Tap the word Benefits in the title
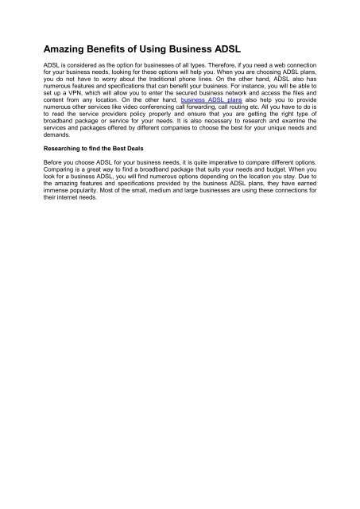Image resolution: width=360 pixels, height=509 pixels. (120, 49)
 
